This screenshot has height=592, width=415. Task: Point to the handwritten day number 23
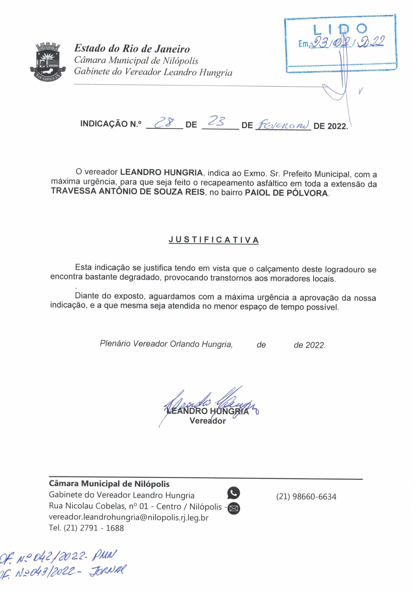point(217,121)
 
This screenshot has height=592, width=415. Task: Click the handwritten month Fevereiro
point(283,125)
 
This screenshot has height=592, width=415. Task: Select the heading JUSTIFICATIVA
point(214,240)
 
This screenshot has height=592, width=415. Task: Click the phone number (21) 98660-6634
point(306,496)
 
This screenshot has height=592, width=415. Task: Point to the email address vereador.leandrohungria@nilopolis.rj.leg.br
point(128,518)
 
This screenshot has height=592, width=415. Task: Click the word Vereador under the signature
point(208,421)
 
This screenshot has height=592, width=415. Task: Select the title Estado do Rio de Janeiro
point(132,49)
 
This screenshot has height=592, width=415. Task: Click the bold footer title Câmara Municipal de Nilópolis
point(109,484)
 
